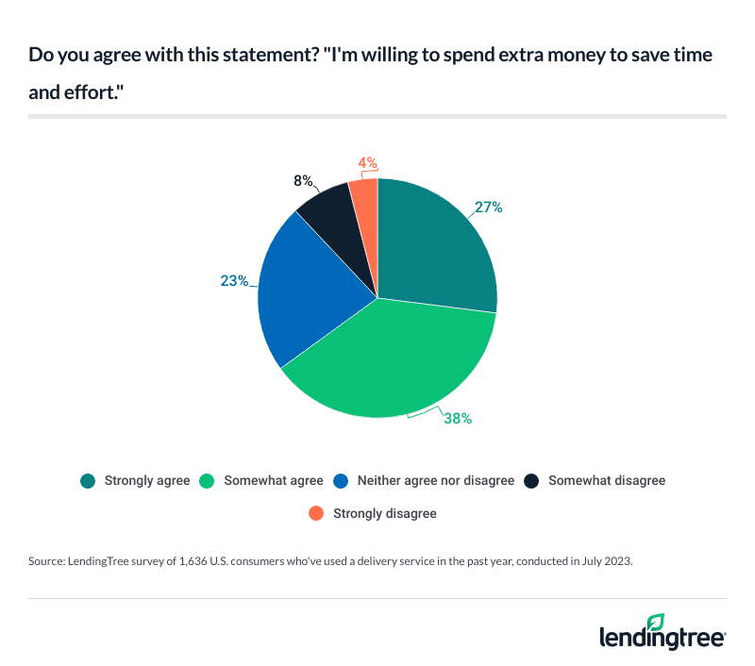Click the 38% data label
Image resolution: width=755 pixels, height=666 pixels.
[x=457, y=418]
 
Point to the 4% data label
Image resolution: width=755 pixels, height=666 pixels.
[x=366, y=162]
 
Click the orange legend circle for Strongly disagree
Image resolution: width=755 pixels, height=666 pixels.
[x=316, y=513]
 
